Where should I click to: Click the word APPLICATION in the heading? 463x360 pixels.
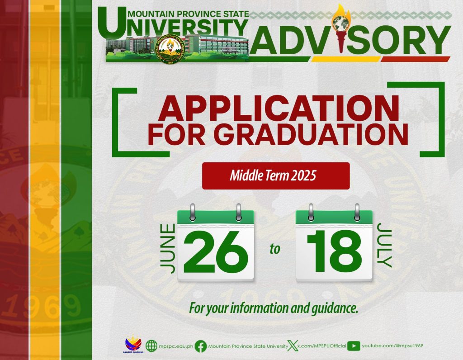click(x=278, y=108)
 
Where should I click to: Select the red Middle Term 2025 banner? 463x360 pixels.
click(x=276, y=176)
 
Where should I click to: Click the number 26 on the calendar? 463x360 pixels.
click(x=216, y=252)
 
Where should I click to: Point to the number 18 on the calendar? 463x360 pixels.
click(x=334, y=251)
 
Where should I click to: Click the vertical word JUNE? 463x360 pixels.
click(x=168, y=248)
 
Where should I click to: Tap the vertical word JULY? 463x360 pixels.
click(x=384, y=245)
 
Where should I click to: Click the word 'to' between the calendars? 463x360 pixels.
click(x=274, y=249)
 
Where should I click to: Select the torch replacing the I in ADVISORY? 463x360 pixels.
click(x=341, y=28)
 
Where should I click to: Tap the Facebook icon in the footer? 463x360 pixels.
click(x=201, y=346)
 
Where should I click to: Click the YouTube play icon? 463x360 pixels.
click(x=354, y=346)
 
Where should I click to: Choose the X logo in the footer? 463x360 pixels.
click(x=293, y=346)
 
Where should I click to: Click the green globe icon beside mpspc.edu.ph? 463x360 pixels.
click(x=151, y=346)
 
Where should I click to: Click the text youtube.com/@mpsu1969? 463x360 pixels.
click(x=392, y=346)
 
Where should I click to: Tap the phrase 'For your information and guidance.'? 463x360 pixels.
click(x=274, y=308)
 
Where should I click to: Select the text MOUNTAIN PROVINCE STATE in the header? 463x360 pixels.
click(x=189, y=14)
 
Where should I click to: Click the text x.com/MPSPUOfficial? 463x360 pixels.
click(x=321, y=346)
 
